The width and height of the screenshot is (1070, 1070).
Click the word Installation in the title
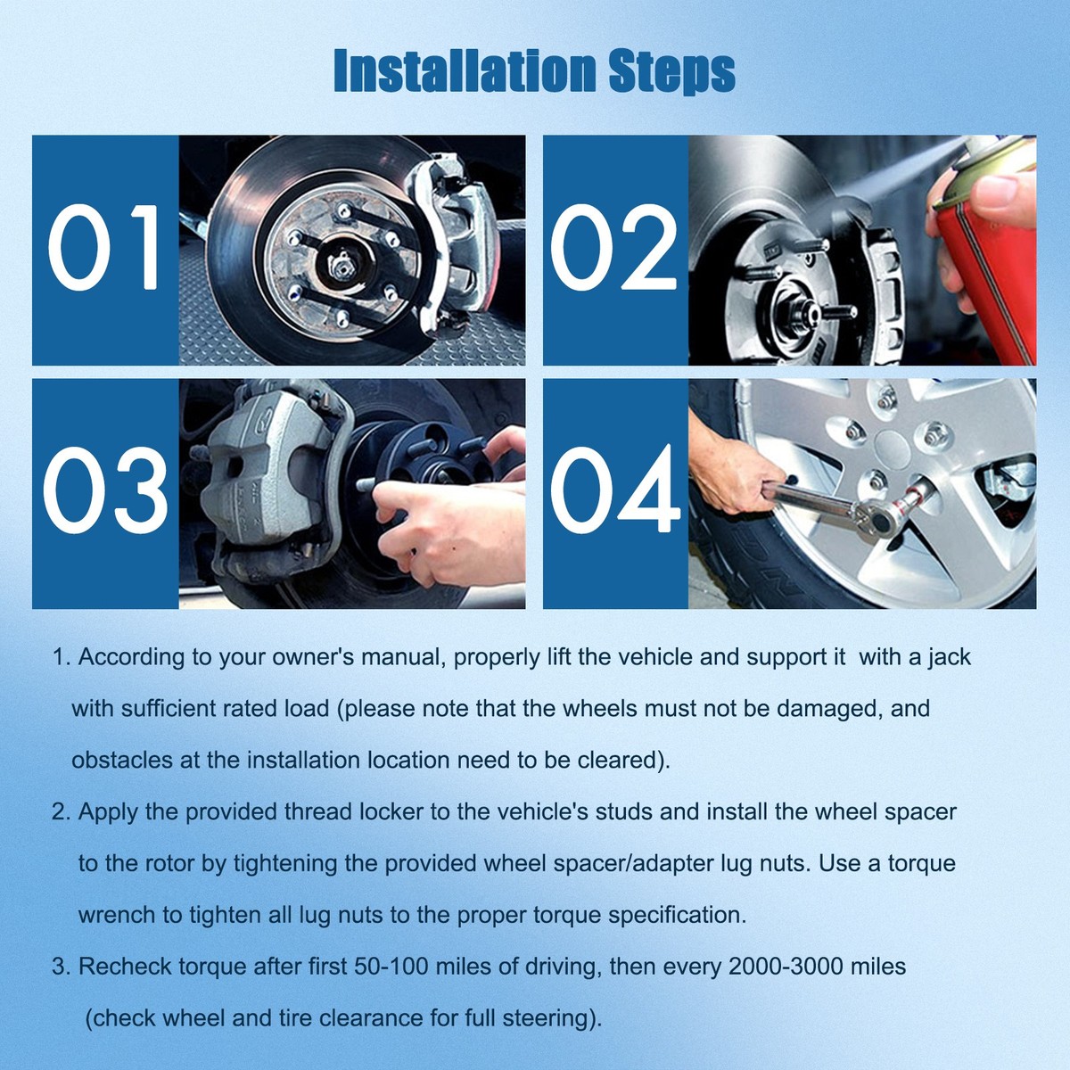pos(464,71)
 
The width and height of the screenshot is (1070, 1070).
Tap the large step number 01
pos(104,248)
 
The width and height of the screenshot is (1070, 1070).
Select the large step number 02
pos(614,248)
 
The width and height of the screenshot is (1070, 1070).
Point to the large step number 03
pos(104,491)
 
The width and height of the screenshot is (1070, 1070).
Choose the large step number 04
pos(614,491)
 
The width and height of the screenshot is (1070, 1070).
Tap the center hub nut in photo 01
pos(341,263)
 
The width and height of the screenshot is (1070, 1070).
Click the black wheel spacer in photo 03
pos(419,464)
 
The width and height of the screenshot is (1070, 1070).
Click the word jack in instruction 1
pos(949,657)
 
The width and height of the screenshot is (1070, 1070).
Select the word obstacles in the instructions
pos(121,761)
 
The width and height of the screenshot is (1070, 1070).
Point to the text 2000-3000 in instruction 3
pos(785,967)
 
